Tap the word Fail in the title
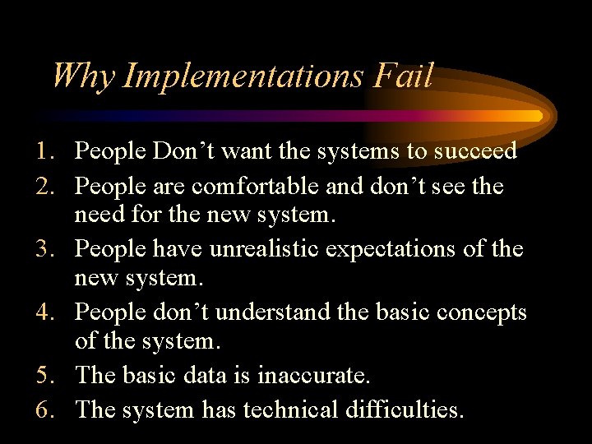(402, 76)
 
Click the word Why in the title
(84, 76)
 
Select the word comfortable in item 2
(256, 187)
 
